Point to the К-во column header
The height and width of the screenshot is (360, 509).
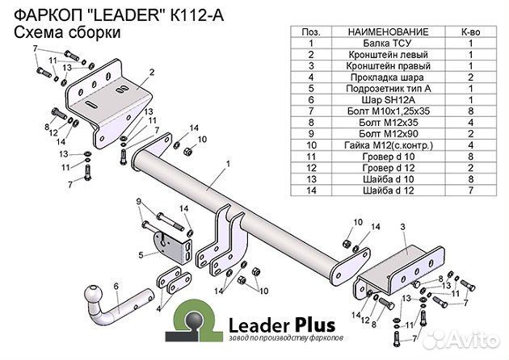(x=469, y=30)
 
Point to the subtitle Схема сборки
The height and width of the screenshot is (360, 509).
(x=69, y=33)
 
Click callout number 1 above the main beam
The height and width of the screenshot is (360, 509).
(x=229, y=164)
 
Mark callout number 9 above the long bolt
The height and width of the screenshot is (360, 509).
(x=139, y=200)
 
